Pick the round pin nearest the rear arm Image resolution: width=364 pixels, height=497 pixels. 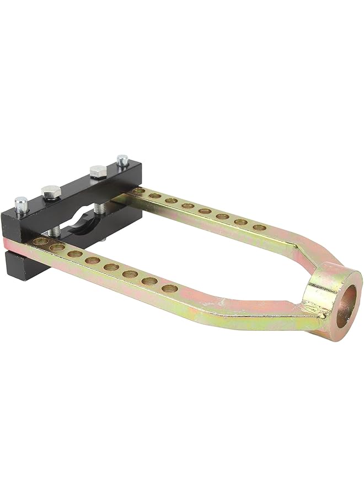[x=122, y=161]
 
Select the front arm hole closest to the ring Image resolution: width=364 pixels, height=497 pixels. [x=170, y=288]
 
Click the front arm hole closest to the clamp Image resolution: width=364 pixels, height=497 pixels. [x=40, y=241]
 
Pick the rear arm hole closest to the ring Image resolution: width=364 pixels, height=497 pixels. [x=259, y=227]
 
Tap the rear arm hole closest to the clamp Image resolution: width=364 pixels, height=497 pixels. [x=139, y=191]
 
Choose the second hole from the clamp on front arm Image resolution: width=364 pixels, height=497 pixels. [x=57, y=247]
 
